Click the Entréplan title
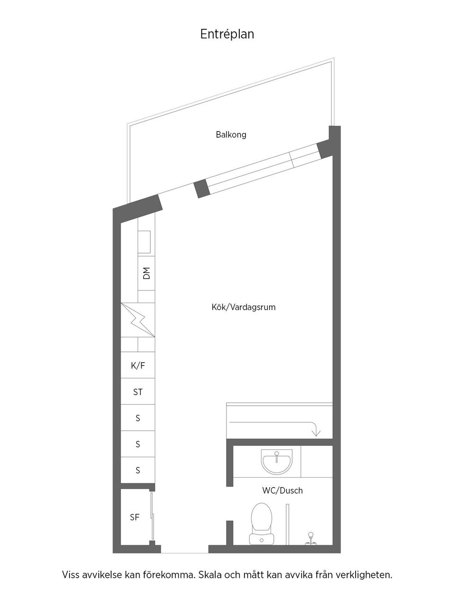tap(227, 35)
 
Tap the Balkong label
tap(231, 135)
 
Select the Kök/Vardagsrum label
tap(244, 307)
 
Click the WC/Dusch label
tap(282, 490)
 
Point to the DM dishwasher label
tap(147, 273)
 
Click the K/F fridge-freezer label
tap(138, 366)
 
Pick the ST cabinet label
tap(138, 392)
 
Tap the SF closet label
tap(134, 517)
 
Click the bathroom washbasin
tap(277, 462)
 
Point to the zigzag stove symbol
tap(138, 320)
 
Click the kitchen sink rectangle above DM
tap(144, 242)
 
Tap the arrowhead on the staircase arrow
tap(316, 433)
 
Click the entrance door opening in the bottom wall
tap(184, 549)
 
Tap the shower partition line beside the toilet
tap(288, 524)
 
